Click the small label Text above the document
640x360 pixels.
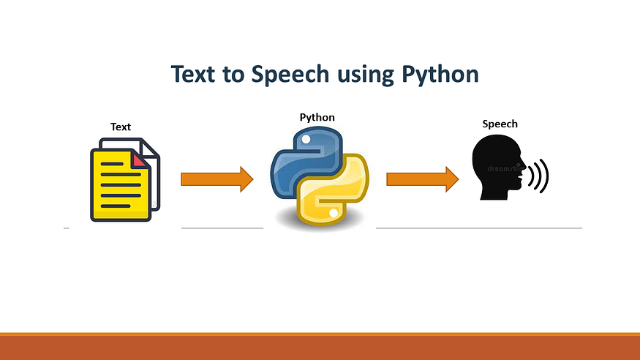coord(121,127)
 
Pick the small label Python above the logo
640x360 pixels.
coord(317,117)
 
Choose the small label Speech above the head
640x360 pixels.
coord(500,124)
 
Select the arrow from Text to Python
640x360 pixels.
coord(217,179)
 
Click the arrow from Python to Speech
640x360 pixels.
coord(422,179)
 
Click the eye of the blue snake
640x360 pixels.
coord(306,139)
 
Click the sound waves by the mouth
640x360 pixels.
coord(538,176)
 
